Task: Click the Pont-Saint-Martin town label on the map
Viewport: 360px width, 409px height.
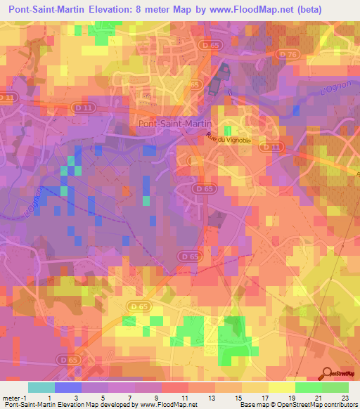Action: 172,123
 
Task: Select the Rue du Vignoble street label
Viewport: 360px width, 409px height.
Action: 229,139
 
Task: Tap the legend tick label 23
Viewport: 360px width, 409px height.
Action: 345,398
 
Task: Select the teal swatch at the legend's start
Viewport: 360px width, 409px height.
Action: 41,387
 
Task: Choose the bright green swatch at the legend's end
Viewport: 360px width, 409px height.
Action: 335,387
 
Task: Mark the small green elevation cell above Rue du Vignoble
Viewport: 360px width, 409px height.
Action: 228,131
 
